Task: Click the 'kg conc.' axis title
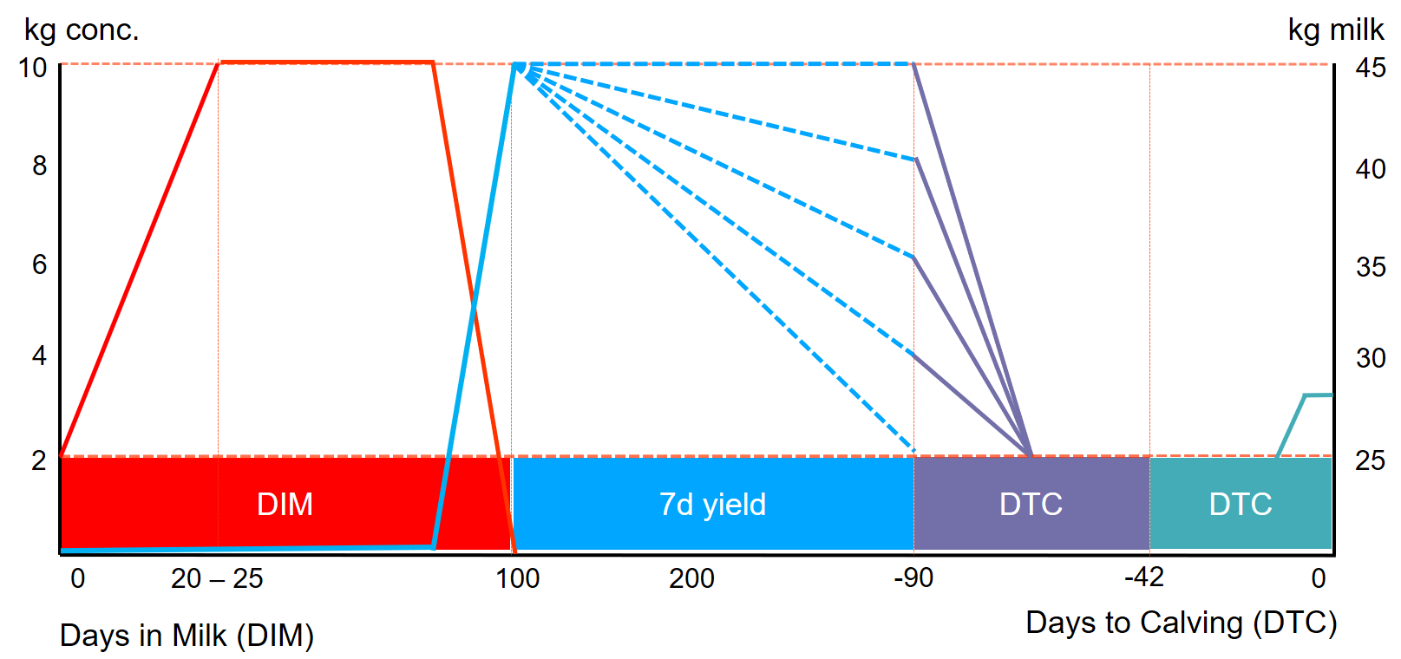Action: point(82,29)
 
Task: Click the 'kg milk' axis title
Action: point(1335,29)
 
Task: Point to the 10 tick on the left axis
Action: point(33,68)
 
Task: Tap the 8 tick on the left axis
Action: point(39,166)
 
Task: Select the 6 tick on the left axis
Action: point(39,264)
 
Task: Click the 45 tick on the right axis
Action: point(1371,68)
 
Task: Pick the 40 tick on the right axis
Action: point(1371,168)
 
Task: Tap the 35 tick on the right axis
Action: point(1371,267)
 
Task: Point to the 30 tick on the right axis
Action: point(1371,358)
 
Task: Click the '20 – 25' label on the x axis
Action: point(217,578)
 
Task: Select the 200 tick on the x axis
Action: point(691,578)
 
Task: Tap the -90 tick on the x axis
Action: point(913,577)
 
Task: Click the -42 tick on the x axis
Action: point(1144,577)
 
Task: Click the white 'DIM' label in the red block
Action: point(285,504)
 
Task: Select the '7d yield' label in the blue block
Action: point(712,504)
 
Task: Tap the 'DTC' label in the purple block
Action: point(1031,504)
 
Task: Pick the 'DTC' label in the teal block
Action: point(1241,504)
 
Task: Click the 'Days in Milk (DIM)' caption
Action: point(187,636)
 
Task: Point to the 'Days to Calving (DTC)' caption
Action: point(1181,623)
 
